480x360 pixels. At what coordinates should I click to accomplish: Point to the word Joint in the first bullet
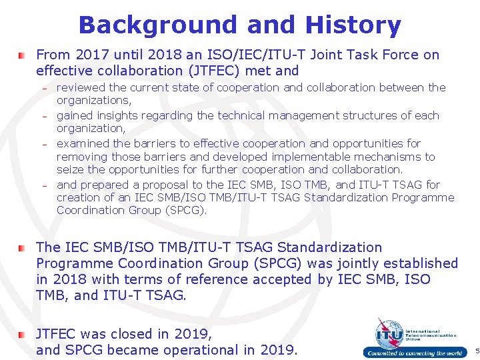click(325, 55)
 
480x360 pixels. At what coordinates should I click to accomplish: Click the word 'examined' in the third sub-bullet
click(83, 143)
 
